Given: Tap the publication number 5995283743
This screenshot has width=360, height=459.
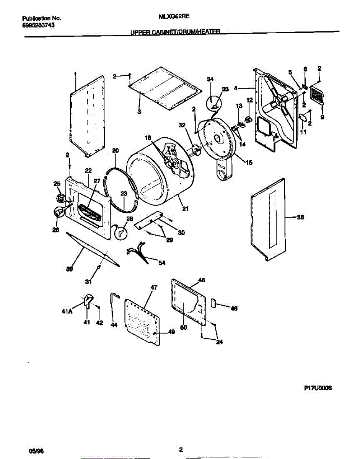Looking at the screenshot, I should click(x=38, y=25).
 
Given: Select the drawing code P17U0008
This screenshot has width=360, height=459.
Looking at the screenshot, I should click(x=317, y=388).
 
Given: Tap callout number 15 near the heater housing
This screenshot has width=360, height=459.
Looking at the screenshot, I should click(x=249, y=163).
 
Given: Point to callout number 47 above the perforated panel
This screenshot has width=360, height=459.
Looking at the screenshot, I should click(x=154, y=287).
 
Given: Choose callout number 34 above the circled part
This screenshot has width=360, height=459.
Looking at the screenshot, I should click(x=210, y=79).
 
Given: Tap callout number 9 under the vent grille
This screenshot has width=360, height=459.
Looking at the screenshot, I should click(x=322, y=117).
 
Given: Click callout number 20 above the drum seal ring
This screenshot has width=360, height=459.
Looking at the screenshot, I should click(x=116, y=150).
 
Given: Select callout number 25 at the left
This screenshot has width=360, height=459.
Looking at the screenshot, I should click(x=58, y=185).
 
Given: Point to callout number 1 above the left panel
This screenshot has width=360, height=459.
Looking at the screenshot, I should click(x=75, y=73).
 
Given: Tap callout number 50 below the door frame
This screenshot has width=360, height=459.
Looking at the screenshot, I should click(x=183, y=327).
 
